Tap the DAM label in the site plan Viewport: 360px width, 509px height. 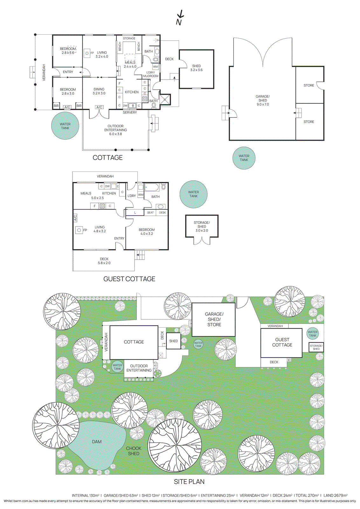97,442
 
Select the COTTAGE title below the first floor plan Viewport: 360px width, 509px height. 107,158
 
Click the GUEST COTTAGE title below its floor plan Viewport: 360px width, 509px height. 129,279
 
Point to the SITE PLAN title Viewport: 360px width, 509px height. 189,482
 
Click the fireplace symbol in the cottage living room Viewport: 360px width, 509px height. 87,53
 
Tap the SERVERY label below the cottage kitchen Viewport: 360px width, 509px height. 130,113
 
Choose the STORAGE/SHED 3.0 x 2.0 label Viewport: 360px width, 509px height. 202,227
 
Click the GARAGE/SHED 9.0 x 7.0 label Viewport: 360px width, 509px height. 263,101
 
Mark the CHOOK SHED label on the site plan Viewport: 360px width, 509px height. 134,451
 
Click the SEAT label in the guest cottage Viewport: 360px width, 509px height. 150,213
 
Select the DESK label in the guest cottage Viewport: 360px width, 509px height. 163,213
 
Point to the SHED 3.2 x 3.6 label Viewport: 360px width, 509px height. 196,68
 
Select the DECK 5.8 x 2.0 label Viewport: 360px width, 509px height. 104,261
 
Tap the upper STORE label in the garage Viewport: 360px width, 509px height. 309,86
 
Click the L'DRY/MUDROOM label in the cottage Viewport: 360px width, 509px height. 151,74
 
